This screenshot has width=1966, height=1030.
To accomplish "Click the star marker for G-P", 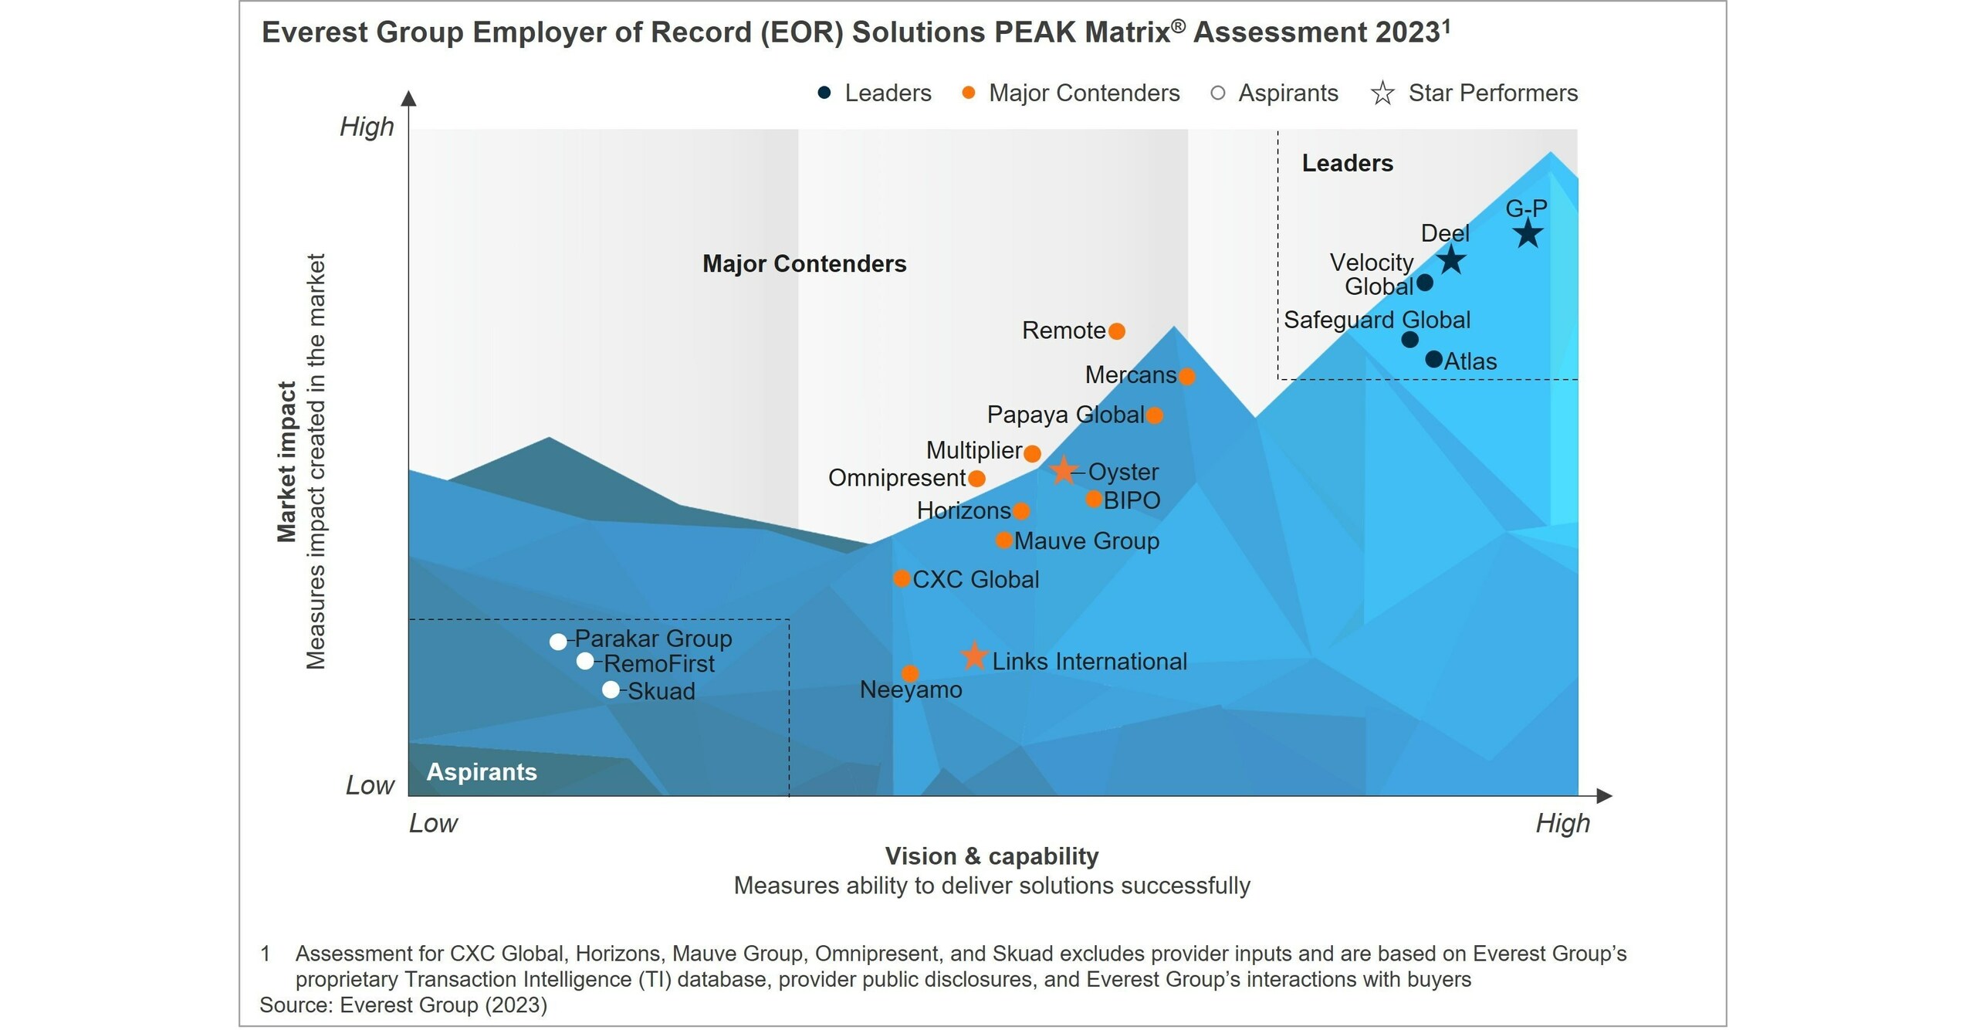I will [1528, 234].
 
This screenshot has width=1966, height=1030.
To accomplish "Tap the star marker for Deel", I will [1451, 259].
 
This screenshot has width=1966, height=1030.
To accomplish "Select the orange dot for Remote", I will [1116, 331].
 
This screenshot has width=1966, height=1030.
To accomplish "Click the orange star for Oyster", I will [1063, 470].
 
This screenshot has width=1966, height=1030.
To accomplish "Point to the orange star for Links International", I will [974, 656].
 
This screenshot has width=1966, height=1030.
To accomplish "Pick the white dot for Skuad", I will [611, 689].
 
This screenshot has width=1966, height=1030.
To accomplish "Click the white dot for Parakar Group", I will [558, 641].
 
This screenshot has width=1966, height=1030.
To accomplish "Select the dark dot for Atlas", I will [1433, 359].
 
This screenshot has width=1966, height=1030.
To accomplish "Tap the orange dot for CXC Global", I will [901, 578].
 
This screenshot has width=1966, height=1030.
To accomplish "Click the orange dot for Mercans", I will [1187, 376].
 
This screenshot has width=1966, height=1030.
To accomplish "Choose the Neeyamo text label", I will [911, 689].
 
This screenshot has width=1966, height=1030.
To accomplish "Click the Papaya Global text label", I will [1065, 415].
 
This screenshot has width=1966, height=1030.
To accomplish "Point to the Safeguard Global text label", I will [1376, 320].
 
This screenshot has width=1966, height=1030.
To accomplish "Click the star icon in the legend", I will [1382, 93].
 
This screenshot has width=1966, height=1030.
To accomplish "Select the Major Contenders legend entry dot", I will [968, 93].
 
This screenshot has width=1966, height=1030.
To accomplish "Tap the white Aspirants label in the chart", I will [481, 771].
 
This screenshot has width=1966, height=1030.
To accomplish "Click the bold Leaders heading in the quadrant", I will [1347, 163].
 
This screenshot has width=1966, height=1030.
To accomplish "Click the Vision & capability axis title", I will [991, 856].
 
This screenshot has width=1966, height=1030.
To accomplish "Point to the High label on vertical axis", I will [367, 127].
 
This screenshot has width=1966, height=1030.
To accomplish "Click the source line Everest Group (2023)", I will [403, 1005].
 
